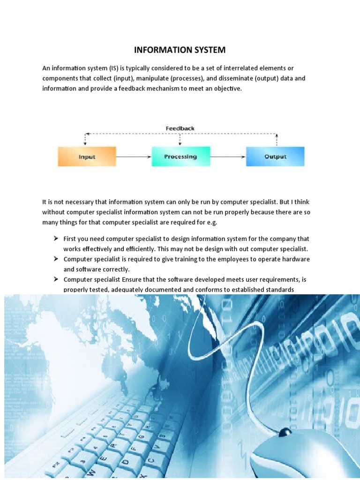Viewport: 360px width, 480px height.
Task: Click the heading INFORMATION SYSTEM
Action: [180, 50]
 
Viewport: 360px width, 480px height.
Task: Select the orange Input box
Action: [87, 157]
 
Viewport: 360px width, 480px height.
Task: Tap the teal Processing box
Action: [180, 157]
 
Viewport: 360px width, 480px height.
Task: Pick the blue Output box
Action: [275, 157]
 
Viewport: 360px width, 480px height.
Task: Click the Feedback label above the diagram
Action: [180, 128]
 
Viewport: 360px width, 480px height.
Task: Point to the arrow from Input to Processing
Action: [134, 157]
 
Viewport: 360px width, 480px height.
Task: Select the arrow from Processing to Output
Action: [228, 157]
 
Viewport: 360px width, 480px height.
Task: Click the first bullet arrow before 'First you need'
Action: [55, 239]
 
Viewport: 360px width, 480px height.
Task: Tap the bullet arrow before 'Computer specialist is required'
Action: [55, 259]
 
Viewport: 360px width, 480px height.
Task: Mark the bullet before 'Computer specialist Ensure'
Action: [55, 279]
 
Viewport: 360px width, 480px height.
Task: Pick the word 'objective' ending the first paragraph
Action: [229, 88]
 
